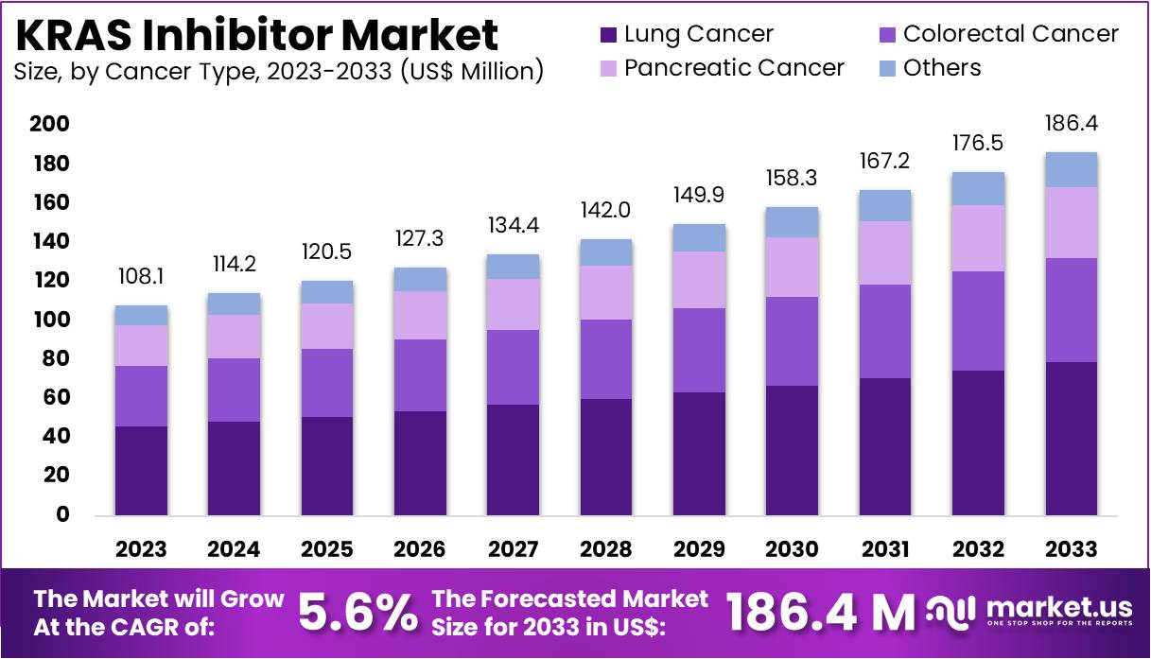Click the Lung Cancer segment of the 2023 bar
click(142, 470)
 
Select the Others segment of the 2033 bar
click(1072, 170)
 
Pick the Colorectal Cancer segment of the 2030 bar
click(793, 341)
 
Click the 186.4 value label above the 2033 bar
click(1072, 124)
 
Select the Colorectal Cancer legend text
click(1011, 34)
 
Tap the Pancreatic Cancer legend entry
click(734, 68)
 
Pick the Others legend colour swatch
click(887, 69)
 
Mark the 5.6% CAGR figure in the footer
click(358, 614)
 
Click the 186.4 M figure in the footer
click(819, 614)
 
